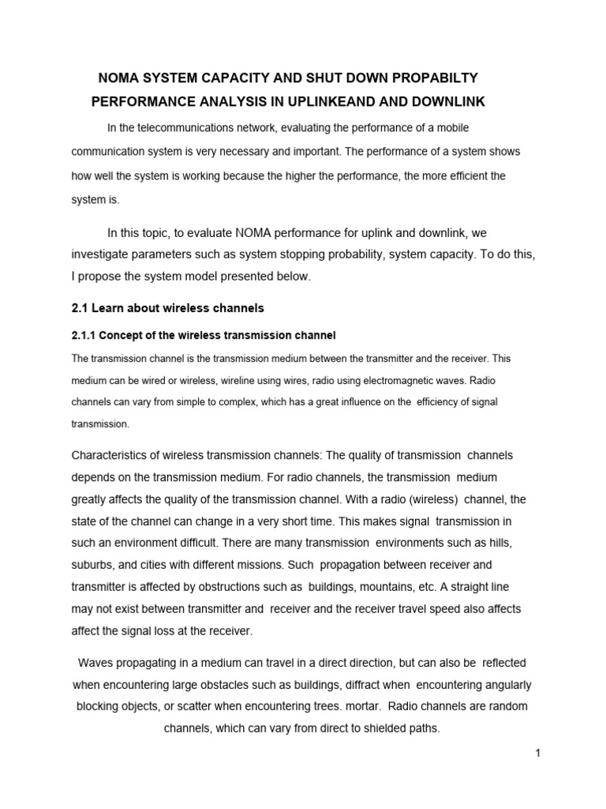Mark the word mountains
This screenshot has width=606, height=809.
[x=381, y=587]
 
